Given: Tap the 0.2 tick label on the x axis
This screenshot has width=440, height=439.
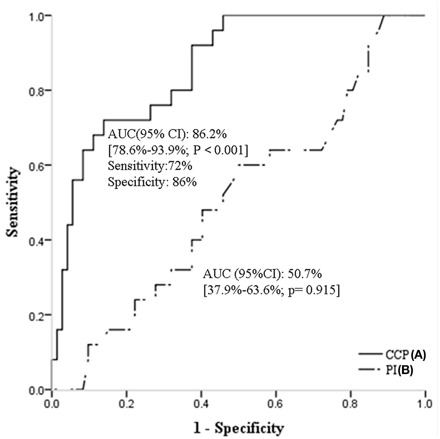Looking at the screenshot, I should [x=127, y=404].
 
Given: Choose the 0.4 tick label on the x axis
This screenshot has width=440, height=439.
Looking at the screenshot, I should [x=201, y=404].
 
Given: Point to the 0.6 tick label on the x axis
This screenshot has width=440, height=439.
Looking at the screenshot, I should [x=276, y=404].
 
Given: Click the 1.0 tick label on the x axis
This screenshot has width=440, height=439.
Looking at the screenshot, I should [x=425, y=404].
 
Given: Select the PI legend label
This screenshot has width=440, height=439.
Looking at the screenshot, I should [x=392, y=371].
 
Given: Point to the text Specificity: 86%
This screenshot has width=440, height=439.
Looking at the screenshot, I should [x=152, y=182].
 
